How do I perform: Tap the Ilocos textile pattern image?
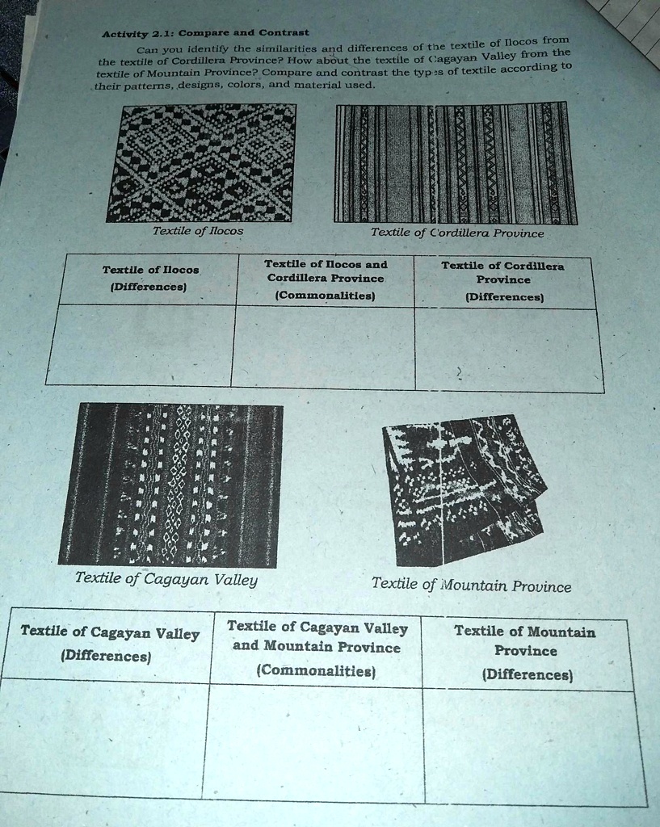coord(201,162)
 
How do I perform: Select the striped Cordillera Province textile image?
coord(455,163)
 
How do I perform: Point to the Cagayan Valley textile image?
coord(171,484)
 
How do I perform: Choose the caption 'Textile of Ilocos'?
coord(197,230)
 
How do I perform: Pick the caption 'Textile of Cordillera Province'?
coord(456,233)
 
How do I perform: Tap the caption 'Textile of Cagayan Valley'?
coord(166,578)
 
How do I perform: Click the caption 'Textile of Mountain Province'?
coord(471,584)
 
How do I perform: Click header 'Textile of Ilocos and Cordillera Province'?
coord(326,279)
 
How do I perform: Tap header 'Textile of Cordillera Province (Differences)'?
coord(503,280)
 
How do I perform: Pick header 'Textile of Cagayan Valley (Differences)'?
coord(109,644)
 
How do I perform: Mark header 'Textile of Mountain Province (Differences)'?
coord(525,652)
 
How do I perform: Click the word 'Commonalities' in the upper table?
coord(326,296)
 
